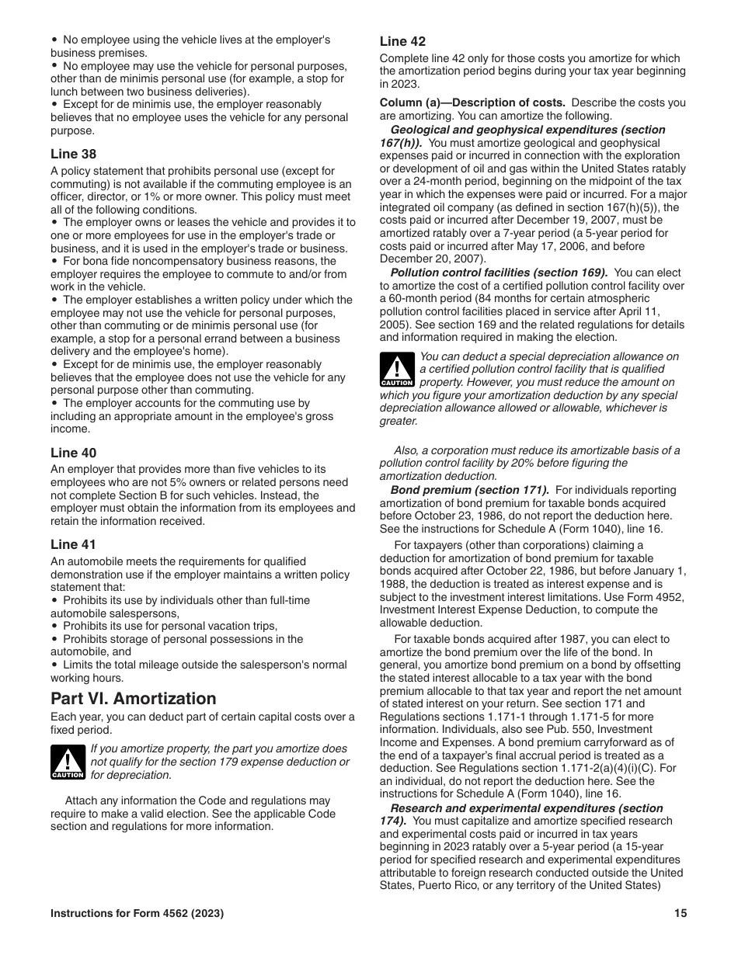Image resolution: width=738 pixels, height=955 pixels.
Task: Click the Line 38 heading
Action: [x=74, y=154]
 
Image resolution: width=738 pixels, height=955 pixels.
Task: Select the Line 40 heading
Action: [x=74, y=453]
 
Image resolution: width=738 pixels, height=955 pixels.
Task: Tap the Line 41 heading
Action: [x=73, y=544]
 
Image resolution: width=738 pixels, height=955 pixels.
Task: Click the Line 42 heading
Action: [x=402, y=41]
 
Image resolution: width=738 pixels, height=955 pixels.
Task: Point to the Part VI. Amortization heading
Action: [x=133, y=698]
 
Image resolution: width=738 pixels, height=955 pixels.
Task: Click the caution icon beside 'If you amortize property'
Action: [x=68, y=762]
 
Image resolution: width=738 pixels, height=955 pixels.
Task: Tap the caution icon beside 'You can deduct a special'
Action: [x=397, y=370]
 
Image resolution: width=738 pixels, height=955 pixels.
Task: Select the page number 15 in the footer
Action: [x=681, y=914]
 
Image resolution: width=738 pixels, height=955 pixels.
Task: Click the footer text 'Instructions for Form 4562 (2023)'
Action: [x=138, y=914]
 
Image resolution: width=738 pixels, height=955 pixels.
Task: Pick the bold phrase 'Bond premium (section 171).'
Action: [x=470, y=490]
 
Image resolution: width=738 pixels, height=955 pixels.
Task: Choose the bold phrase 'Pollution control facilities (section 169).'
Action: [x=499, y=273]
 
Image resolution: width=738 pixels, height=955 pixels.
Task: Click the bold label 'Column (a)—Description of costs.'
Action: [x=472, y=102]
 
